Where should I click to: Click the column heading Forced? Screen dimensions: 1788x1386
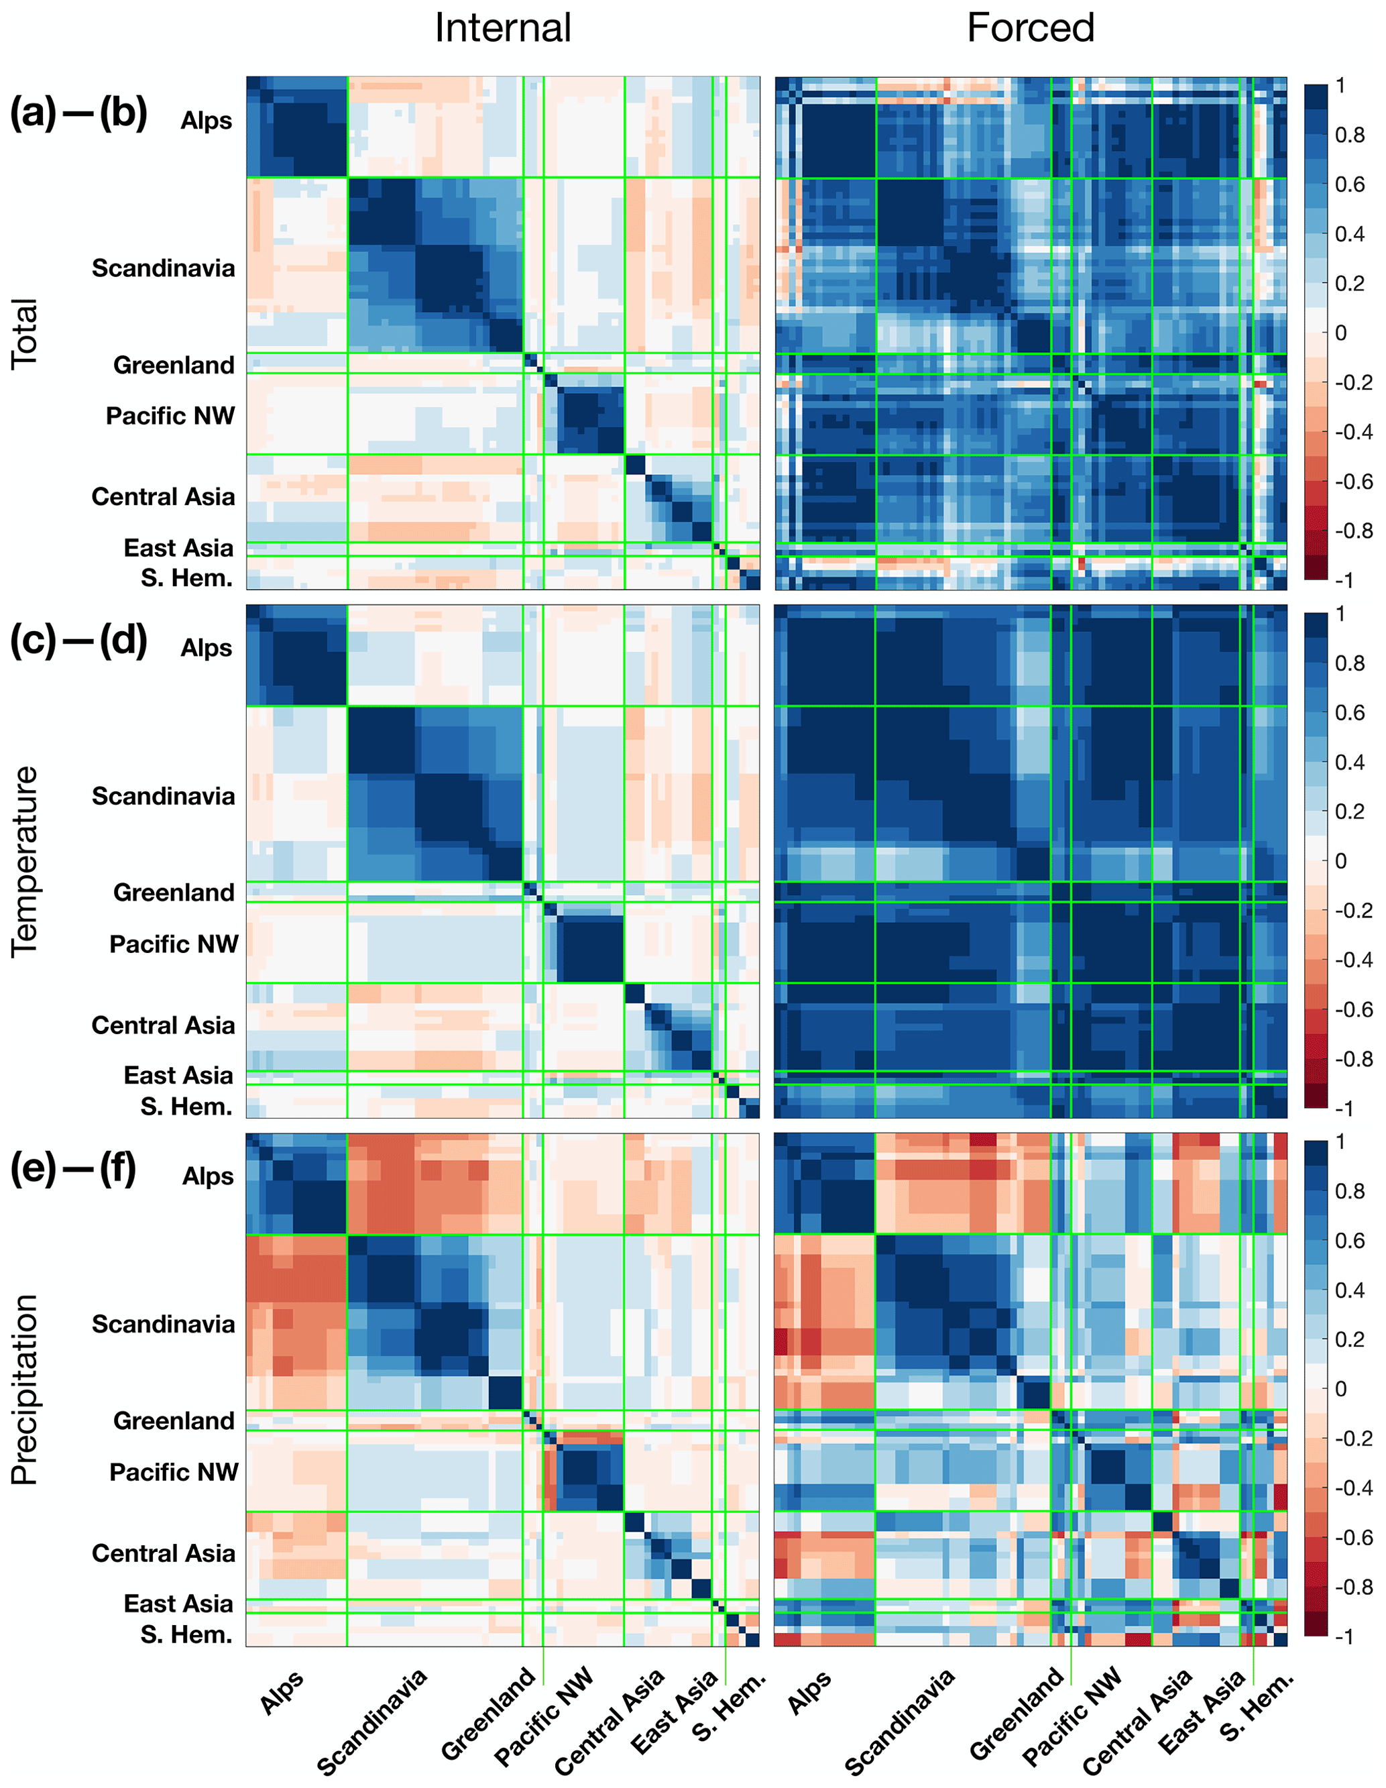[x=1030, y=29]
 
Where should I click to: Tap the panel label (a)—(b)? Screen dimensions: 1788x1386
[x=78, y=113]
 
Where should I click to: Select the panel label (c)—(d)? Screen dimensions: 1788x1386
[x=78, y=641]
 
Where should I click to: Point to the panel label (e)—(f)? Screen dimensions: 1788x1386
[x=74, y=1169]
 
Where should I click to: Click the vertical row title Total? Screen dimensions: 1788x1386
[x=25, y=334]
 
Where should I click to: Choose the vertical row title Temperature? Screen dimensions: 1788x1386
[x=25, y=861]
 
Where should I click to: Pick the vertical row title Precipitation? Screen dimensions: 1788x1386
[x=25, y=1390]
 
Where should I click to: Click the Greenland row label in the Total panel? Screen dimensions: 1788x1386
[x=174, y=365]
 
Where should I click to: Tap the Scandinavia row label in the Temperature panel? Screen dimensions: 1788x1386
[x=163, y=796]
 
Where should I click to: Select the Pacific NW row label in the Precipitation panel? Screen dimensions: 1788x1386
[x=174, y=1472]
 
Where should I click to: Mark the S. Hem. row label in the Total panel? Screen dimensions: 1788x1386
[x=186, y=578]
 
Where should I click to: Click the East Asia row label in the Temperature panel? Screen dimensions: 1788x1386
[x=178, y=1075]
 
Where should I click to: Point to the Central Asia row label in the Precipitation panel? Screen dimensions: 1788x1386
[x=163, y=1553]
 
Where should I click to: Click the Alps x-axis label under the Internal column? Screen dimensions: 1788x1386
[x=282, y=1692]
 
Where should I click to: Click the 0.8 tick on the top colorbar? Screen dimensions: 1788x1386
[x=1349, y=135]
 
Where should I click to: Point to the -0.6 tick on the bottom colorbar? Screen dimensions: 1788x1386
[x=1353, y=1537]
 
